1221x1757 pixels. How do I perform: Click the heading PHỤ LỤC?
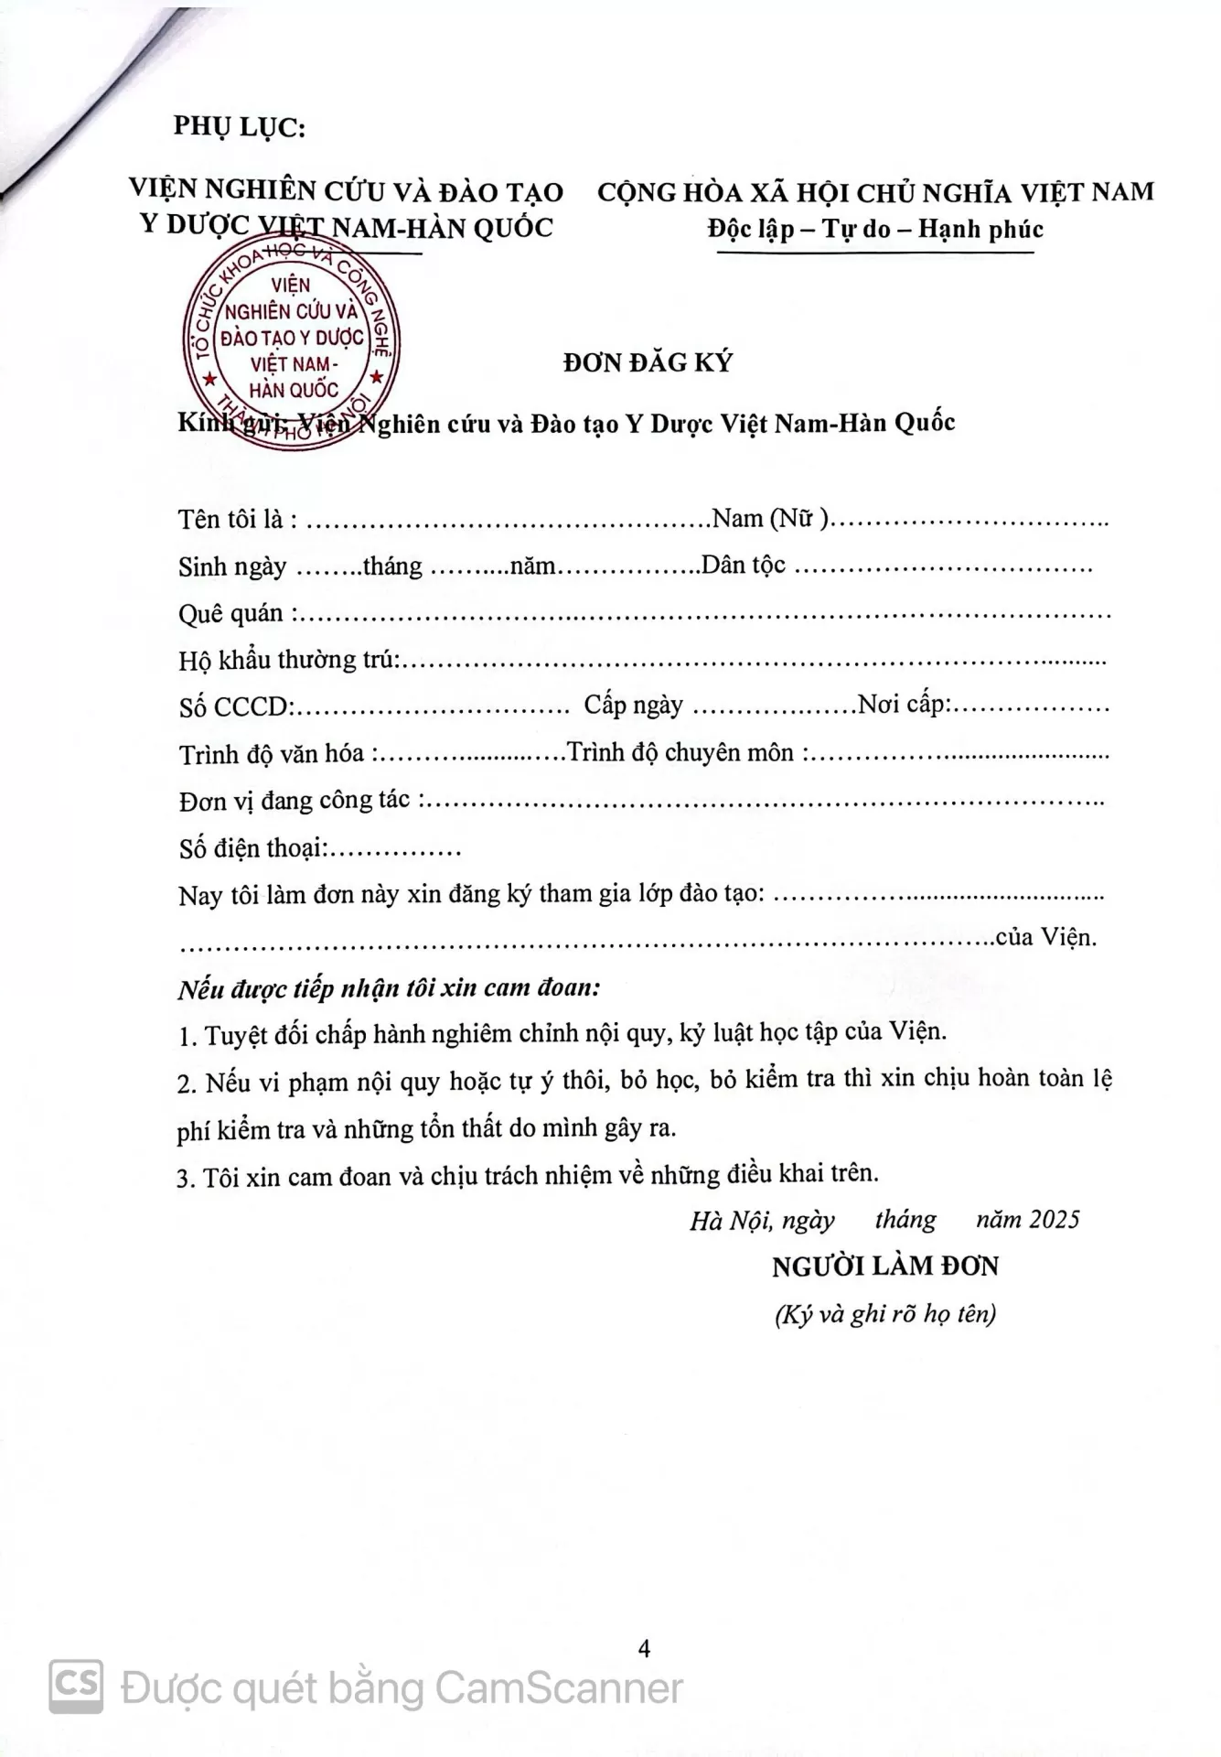(x=239, y=127)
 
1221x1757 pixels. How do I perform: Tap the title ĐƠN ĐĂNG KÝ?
(x=648, y=362)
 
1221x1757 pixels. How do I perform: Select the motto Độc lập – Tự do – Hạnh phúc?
(x=875, y=229)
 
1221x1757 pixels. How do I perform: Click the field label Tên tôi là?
(x=237, y=520)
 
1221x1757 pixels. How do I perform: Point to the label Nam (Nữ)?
(x=770, y=519)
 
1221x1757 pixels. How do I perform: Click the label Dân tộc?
(x=743, y=566)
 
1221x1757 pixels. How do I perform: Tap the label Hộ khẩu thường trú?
(x=289, y=659)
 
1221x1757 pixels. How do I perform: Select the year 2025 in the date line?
(x=1054, y=1219)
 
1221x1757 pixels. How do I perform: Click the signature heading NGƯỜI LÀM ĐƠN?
(x=884, y=1267)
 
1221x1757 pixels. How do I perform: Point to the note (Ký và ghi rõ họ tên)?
(x=884, y=1314)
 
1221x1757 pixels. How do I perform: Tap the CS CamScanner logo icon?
(x=76, y=1685)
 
